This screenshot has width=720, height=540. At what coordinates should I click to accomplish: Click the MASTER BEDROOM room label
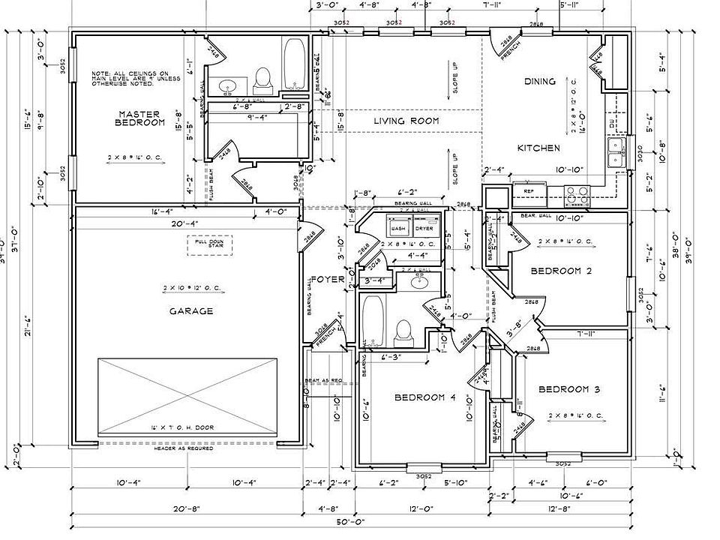pos(141,118)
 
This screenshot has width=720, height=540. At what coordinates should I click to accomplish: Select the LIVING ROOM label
pos(407,121)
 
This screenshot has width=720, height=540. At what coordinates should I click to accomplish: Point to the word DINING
pos(539,82)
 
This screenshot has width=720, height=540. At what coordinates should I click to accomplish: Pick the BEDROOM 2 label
pos(561,271)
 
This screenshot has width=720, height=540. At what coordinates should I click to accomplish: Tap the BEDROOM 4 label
pos(425,397)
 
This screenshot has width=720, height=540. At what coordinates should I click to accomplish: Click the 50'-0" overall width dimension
pos(351,521)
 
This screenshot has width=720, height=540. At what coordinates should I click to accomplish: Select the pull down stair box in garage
pos(209,245)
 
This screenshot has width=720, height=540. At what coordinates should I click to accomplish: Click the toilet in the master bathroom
pos(262,78)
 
